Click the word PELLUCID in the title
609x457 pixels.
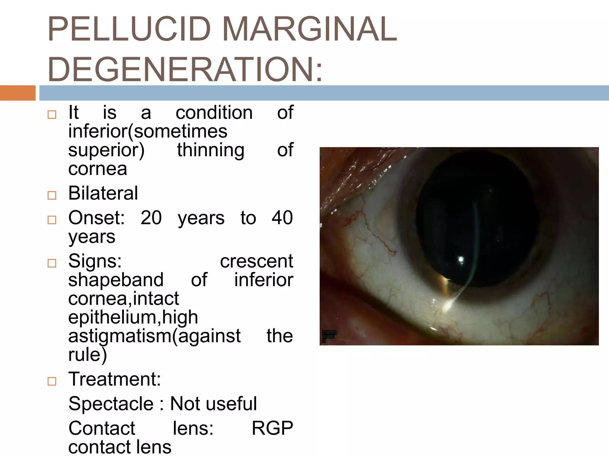pyautogui.click(x=129, y=29)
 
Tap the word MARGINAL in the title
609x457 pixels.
pyautogui.click(x=309, y=29)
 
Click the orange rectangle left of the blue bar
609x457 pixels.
pyautogui.click(x=18, y=93)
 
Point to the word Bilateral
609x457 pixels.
pyautogui.click(x=103, y=193)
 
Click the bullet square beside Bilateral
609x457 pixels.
pyautogui.click(x=52, y=195)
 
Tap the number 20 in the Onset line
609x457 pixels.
pyautogui.click(x=151, y=217)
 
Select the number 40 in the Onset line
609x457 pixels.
pyautogui.click(x=282, y=217)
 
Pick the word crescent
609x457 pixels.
pyautogui.click(x=256, y=261)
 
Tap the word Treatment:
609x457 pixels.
pyautogui.click(x=114, y=379)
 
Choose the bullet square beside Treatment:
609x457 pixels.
pyautogui.click(x=52, y=381)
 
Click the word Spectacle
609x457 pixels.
pyautogui.click(x=111, y=404)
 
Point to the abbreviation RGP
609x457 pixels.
pyautogui.click(x=272, y=428)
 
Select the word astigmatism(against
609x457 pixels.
pyautogui.click(x=154, y=336)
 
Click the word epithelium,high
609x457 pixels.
pyautogui.click(x=133, y=317)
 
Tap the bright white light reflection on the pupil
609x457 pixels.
pyautogui.click(x=461, y=260)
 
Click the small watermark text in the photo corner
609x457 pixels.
pyautogui.click(x=329, y=335)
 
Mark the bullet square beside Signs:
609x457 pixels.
pyautogui.click(x=52, y=263)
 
